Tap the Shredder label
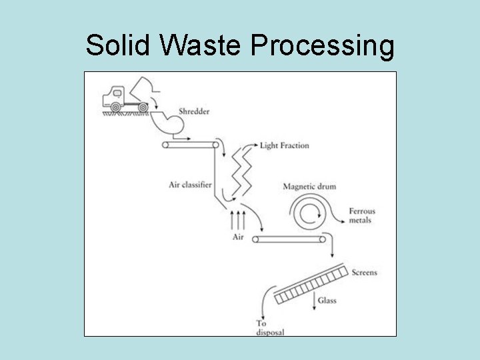tap(194, 111)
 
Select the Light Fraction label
tap(285, 145)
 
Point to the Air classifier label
tap(190, 185)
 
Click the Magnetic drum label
tap(309, 187)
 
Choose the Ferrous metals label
tap(362, 215)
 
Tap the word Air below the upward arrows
tap(239, 237)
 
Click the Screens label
tap(364, 273)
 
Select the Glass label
tap(327, 301)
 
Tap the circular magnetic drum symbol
tap(308, 213)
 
